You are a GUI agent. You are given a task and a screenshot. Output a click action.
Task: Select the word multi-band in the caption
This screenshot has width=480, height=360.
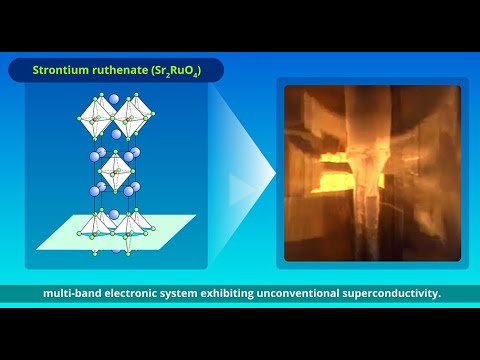pos(74,294)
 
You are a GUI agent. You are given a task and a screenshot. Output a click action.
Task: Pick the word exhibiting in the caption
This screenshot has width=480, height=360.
pos(246,294)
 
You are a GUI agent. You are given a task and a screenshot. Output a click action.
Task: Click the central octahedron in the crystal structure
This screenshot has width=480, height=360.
pos(117,172)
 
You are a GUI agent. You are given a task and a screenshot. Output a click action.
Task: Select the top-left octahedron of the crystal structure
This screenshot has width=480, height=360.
pos(96,119)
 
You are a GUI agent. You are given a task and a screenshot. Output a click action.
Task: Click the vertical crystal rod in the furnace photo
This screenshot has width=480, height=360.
pos(368,215)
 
